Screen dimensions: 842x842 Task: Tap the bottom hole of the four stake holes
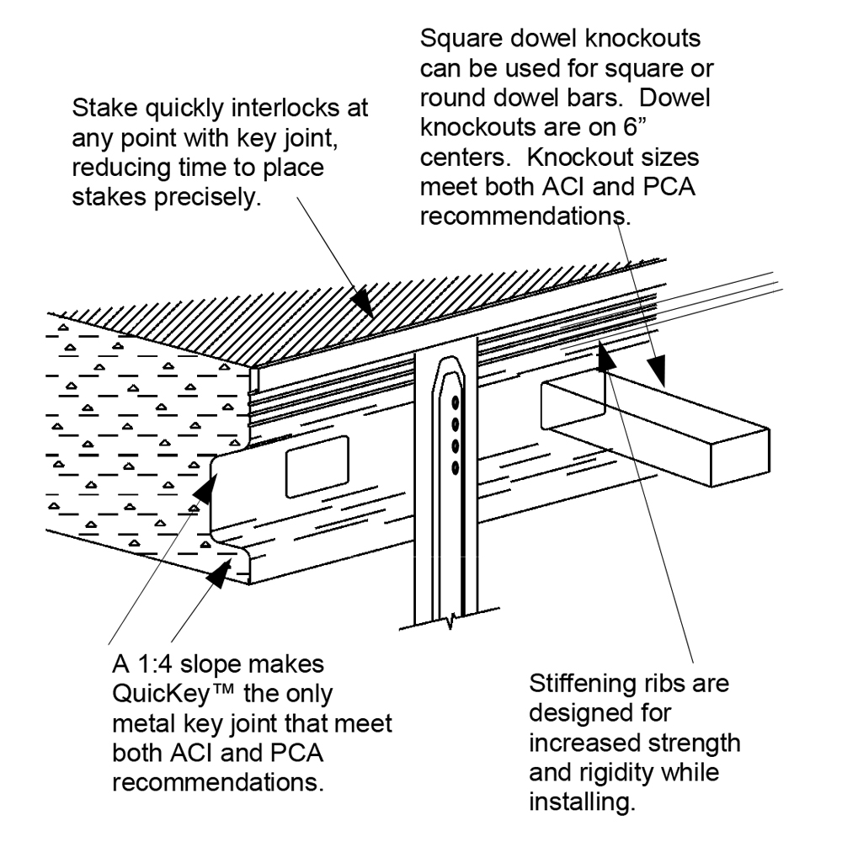(456, 466)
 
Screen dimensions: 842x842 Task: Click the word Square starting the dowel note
(460, 40)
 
